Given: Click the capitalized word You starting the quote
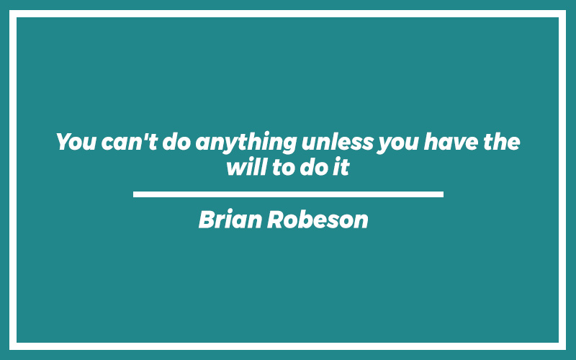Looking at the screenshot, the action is pos(76,142).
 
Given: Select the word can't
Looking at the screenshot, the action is pos(130,142).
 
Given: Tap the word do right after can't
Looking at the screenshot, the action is pos(176,141).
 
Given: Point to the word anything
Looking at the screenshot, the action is pos(246,143).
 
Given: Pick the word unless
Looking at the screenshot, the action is pos(337,141).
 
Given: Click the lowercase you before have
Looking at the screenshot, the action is pos(398,144).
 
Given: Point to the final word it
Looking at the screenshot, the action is pos(341,167).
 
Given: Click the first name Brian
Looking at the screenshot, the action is pos(230,220).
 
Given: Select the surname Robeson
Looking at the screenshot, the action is pos(318,220).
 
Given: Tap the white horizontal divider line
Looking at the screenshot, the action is pos(288,194).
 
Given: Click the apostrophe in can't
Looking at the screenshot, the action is pos(145,136).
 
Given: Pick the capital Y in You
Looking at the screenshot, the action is pos(64,142).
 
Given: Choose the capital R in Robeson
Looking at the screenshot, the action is pos(276,220).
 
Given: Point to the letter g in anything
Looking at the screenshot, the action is pos(289,145).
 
